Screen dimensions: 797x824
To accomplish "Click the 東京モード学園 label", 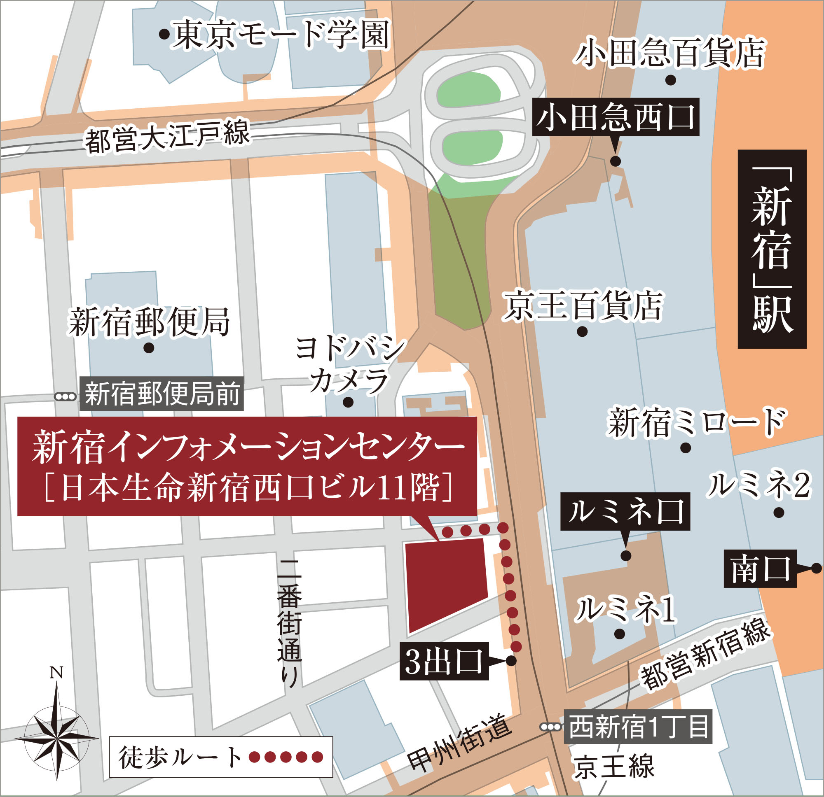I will click(281, 36).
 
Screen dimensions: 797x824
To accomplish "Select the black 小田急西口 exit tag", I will click(616, 117).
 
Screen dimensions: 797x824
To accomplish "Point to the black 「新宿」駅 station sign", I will click(772, 249).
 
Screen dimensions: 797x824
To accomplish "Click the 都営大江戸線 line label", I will click(167, 137).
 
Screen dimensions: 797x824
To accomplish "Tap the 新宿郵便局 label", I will click(150, 322).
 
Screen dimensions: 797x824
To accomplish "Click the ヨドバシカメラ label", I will click(350, 364).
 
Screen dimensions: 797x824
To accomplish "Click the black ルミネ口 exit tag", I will click(625, 511).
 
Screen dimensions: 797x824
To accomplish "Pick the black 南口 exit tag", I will click(760, 569).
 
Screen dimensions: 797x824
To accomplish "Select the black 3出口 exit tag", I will click(444, 661).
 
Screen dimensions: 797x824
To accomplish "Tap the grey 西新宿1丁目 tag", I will click(638, 727).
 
